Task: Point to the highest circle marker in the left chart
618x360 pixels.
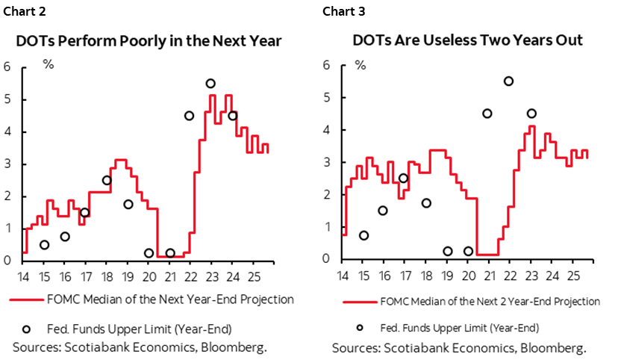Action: (x=210, y=84)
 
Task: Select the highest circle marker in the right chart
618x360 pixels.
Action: (x=509, y=81)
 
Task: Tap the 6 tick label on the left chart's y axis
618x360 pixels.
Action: (x=7, y=67)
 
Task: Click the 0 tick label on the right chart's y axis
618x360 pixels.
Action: (x=326, y=259)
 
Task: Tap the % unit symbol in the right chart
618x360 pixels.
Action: (x=360, y=63)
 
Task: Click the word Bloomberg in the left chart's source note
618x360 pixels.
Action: (x=234, y=347)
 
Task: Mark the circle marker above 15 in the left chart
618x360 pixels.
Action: (x=44, y=244)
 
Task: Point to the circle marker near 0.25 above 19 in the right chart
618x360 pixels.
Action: (x=446, y=252)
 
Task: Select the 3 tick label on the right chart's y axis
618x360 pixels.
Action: (x=326, y=162)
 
